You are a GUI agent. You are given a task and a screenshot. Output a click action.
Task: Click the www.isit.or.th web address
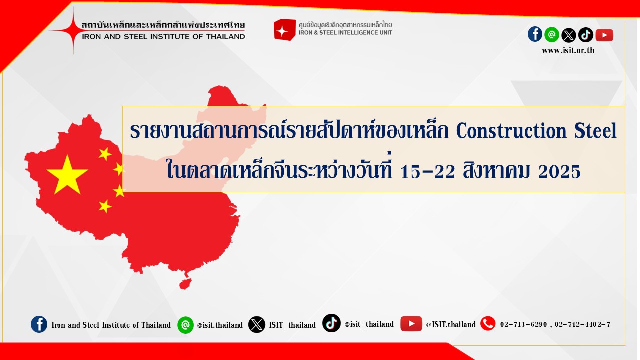click(x=568, y=50)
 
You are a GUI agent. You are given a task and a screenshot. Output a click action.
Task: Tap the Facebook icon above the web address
click(x=535, y=34)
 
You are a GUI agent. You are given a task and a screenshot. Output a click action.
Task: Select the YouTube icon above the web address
click(x=604, y=35)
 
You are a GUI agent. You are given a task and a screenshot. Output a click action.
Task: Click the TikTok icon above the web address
click(x=586, y=35)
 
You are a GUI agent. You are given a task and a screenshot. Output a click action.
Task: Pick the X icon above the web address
click(x=569, y=35)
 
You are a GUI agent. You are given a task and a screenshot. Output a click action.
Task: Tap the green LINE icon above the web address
click(x=552, y=35)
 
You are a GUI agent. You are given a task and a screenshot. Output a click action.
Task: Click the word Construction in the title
click(x=511, y=131)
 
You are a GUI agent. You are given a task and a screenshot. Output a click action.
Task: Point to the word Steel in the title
click(x=595, y=131)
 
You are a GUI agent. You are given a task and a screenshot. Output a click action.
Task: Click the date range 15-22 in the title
click(x=427, y=171)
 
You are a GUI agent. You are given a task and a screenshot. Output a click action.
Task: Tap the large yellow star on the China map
click(x=67, y=175)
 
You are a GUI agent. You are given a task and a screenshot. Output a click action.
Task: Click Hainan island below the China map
click(x=185, y=284)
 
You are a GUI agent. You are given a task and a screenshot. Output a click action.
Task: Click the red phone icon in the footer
click(x=488, y=323)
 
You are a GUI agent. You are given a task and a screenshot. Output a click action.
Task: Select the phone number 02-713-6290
click(x=523, y=324)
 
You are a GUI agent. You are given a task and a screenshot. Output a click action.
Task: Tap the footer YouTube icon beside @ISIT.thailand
click(x=411, y=324)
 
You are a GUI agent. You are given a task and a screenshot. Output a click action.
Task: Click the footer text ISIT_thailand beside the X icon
click(x=292, y=325)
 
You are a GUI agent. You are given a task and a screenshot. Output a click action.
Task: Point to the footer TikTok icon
click(x=331, y=323)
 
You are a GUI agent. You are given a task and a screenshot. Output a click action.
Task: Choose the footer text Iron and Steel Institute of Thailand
click(x=111, y=325)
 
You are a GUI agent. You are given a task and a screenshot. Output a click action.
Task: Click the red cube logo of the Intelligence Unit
click(x=284, y=29)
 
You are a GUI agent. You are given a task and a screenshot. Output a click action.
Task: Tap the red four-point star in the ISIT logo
click(x=73, y=30)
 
